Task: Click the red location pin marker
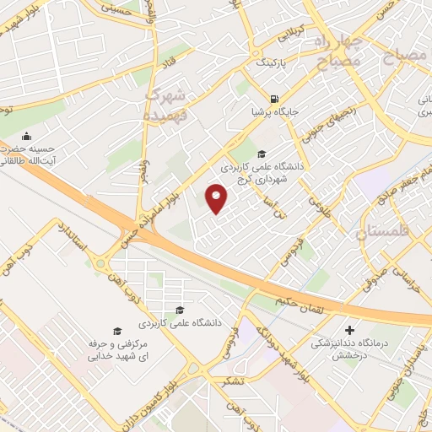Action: point(218,199)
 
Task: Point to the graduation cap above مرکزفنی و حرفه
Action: point(117,331)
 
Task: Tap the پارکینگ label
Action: point(273,63)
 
